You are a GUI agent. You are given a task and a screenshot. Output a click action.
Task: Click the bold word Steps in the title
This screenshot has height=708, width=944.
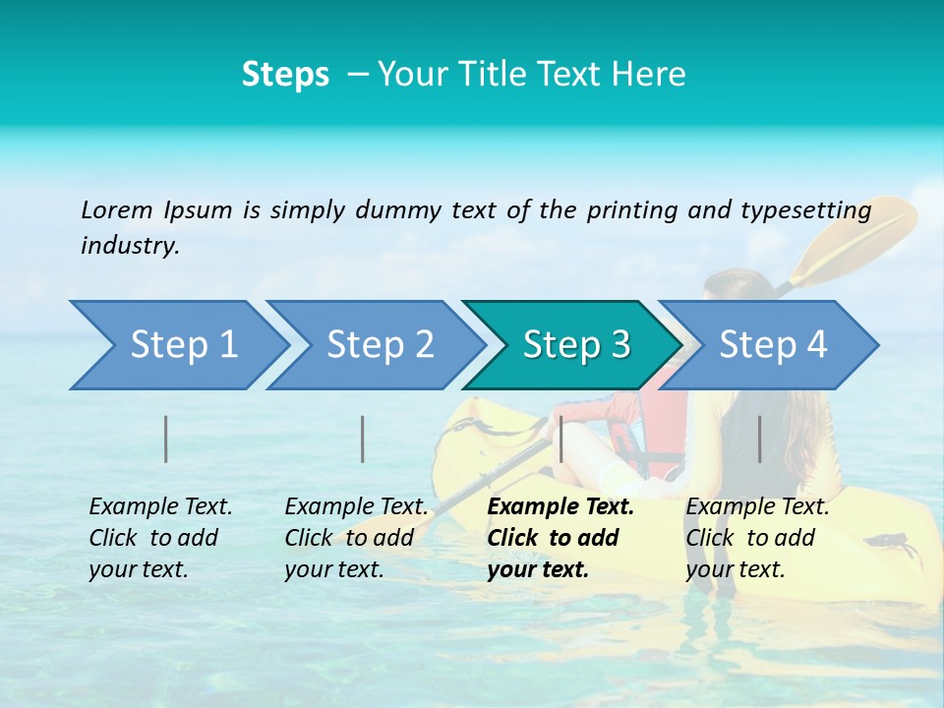(x=285, y=74)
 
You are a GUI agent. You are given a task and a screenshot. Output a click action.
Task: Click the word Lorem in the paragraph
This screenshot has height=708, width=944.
(x=117, y=209)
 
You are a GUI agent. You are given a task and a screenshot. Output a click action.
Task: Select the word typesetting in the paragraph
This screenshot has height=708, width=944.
(x=805, y=210)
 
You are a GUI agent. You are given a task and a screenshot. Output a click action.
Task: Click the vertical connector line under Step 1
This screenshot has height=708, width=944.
(x=166, y=439)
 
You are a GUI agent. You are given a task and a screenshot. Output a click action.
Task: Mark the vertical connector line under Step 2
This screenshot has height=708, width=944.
(x=363, y=439)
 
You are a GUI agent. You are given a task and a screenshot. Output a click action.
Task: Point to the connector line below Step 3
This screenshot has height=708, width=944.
(x=560, y=439)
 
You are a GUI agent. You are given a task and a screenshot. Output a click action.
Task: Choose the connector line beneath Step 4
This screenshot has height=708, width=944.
(x=759, y=439)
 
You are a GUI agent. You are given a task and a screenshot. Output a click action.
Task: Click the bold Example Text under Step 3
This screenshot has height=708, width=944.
(x=560, y=507)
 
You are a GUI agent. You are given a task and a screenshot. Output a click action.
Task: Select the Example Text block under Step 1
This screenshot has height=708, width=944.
(x=159, y=538)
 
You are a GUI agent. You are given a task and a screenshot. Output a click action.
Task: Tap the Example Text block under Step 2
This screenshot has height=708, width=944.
(x=355, y=538)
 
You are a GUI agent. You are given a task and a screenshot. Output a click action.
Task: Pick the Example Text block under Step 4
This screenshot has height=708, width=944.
(x=756, y=538)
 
